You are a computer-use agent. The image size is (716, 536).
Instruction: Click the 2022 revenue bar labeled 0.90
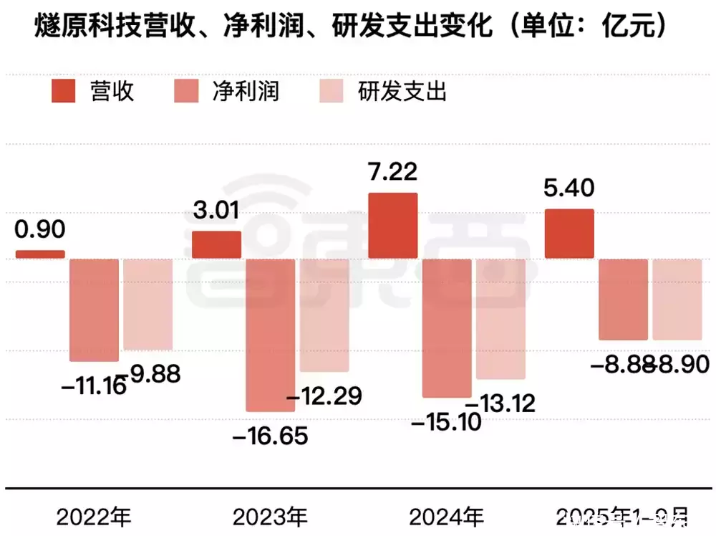point(40,254)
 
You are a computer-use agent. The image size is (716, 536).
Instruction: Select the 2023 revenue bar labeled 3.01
point(217,244)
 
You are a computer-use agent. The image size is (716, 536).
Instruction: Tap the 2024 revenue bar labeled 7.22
point(393,225)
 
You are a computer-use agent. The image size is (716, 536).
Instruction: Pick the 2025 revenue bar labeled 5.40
point(569,234)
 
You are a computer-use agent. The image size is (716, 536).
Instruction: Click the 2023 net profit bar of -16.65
point(270,335)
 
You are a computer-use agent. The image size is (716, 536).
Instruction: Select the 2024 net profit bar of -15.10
point(447,327)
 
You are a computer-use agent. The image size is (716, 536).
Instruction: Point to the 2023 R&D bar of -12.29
point(324,315)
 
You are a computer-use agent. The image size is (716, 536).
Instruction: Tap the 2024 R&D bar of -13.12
point(500,318)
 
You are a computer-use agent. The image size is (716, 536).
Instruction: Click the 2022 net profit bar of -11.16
point(94,310)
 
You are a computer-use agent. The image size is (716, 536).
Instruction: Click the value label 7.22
point(393,172)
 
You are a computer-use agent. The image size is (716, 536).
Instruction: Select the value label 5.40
point(569,189)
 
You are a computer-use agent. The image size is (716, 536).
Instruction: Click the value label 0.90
point(40,229)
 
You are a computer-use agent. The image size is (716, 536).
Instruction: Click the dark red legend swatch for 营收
point(63,91)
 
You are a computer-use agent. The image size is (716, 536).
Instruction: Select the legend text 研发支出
point(402,91)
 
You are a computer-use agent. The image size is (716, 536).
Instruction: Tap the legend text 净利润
point(246,91)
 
